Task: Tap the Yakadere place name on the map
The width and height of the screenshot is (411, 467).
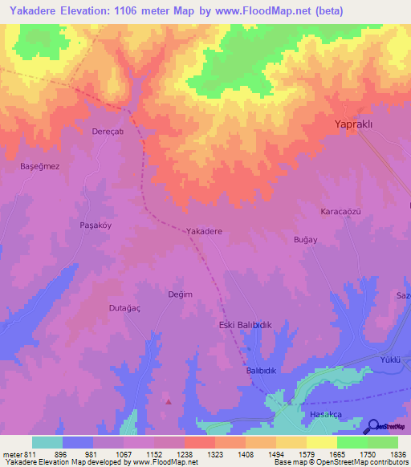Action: pyautogui.click(x=204, y=231)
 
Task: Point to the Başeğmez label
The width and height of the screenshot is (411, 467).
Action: pyautogui.click(x=39, y=166)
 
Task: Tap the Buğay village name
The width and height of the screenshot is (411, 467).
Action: pyautogui.click(x=306, y=239)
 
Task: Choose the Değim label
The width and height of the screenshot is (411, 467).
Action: pyautogui.click(x=180, y=294)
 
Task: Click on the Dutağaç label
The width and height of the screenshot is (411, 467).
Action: pyautogui.click(x=124, y=307)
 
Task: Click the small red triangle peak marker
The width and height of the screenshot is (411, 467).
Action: pyautogui.click(x=169, y=401)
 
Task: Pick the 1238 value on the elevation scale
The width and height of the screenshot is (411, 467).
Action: pyautogui.click(x=184, y=454)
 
